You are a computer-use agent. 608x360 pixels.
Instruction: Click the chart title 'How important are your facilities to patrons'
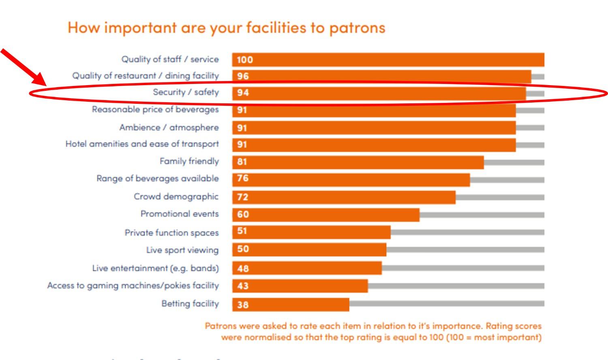click(226, 28)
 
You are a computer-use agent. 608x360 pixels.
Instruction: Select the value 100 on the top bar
click(245, 60)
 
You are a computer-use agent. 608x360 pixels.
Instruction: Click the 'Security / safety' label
click(186, 92)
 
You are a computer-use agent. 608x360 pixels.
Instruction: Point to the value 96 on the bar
click(243, 76)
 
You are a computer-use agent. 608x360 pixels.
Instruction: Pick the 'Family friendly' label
click(189, 161)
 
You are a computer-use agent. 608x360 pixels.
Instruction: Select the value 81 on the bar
click(242, 162)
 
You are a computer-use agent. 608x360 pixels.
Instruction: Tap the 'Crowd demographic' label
click(176, 197)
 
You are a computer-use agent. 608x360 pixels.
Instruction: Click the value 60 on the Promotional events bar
click(243, 214)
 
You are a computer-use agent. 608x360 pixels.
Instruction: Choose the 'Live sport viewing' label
click(182, 250)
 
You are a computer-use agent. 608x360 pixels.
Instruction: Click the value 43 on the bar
click(243, 286)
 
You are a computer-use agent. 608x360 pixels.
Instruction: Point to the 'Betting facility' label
click(190, 304)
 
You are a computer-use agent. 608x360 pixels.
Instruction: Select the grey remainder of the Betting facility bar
click(446, 303)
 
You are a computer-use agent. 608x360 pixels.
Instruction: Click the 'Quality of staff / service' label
click(170, 59)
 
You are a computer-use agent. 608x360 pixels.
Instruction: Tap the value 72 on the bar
click(242, 197)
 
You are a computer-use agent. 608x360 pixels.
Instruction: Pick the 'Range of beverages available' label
click(157, 178)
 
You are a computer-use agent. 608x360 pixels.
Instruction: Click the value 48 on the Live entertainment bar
click(243, 268)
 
